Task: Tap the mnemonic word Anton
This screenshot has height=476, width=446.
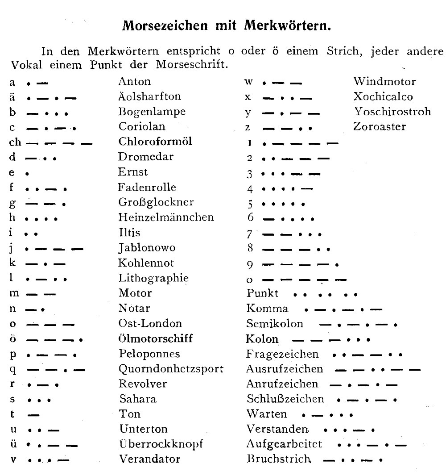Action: click(x=134, y=81)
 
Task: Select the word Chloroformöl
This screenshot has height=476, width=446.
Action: click(x=155, y=142)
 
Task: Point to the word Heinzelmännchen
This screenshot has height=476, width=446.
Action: click(x=166, y=217)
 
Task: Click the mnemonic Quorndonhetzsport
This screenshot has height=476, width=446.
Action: click(x=171, y=369)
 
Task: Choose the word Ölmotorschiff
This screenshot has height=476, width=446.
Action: click(x=156, y=338)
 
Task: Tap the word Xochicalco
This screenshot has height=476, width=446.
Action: click(x=383, y=96)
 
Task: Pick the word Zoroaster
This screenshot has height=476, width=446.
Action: click(x=380, y=126)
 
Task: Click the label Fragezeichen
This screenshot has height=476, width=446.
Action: click(x=282, y=354)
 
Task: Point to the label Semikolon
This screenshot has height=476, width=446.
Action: click(x=274, y=324)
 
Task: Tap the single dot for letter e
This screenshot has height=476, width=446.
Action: click(x=28, y=172)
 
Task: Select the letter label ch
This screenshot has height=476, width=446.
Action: click(x=15, y=142)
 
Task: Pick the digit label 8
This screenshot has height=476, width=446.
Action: click(x=250, y=249)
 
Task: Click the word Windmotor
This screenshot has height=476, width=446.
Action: click(x=384, y=81)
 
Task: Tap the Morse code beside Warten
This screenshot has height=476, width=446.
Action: click(x=327, y=415)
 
